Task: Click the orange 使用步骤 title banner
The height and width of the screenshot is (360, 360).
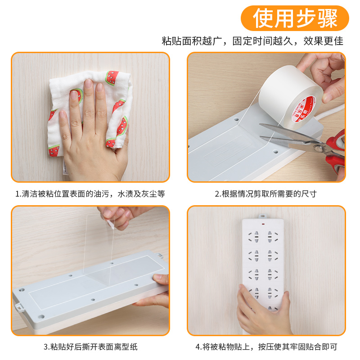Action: pyautogui.click(x=295, y=18)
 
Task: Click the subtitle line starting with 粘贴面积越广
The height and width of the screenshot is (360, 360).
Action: pyautogui.click(x=252, y=41)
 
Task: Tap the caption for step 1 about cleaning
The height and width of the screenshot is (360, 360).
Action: pyautogui.click(x=90, y=194)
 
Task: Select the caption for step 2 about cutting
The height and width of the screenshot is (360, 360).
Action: pyautogui.click(x=265, y=194)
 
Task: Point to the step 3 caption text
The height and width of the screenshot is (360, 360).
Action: pyautogui.click(x=90, y=346)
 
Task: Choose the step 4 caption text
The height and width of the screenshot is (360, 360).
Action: pyautogui.click(x=266, y=346)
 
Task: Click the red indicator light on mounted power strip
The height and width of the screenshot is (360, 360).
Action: pyautogui.click(x=263, y=224)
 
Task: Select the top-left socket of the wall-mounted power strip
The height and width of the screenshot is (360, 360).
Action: pyautogui.click(x=256, y=235)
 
